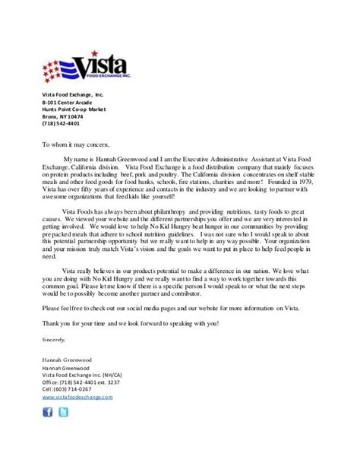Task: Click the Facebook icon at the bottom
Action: [47, 413]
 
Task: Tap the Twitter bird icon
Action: [63, 413]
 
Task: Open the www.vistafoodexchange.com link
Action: [77, 397]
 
